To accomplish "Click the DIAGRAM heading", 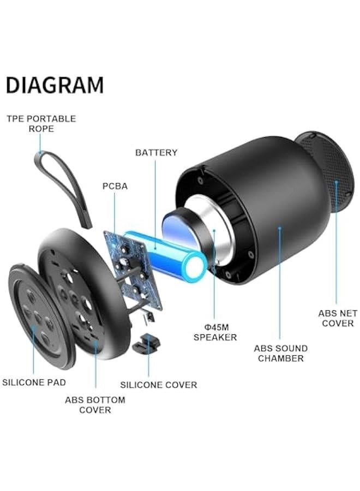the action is [55, 86].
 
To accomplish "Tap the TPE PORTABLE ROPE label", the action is [41, 123].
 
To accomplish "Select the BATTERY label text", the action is [156, 153].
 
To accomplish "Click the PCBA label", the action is [115, 186].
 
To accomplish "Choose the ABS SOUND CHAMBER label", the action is [280, 353].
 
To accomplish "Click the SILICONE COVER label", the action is [158, 385].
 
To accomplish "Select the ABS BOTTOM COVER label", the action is [95, 405].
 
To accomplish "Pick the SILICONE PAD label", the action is [34, 382].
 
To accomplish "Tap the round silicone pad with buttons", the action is [41, 316].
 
